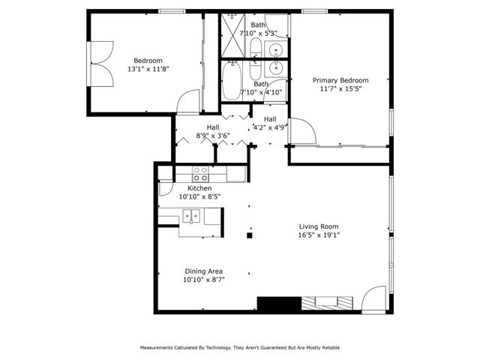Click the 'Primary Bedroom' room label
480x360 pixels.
340,80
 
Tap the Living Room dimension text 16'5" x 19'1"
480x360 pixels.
319,235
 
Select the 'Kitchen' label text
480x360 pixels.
199,188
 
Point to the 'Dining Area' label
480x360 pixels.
204,271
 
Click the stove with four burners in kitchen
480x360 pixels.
200,174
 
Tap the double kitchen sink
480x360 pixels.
192,217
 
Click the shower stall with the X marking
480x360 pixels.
232,36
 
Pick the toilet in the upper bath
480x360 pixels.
255,49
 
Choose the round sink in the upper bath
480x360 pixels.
276,51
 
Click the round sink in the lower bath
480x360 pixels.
275,70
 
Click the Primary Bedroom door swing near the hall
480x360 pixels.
302,132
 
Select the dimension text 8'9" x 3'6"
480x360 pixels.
213,136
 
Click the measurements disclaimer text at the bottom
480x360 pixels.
240,348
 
